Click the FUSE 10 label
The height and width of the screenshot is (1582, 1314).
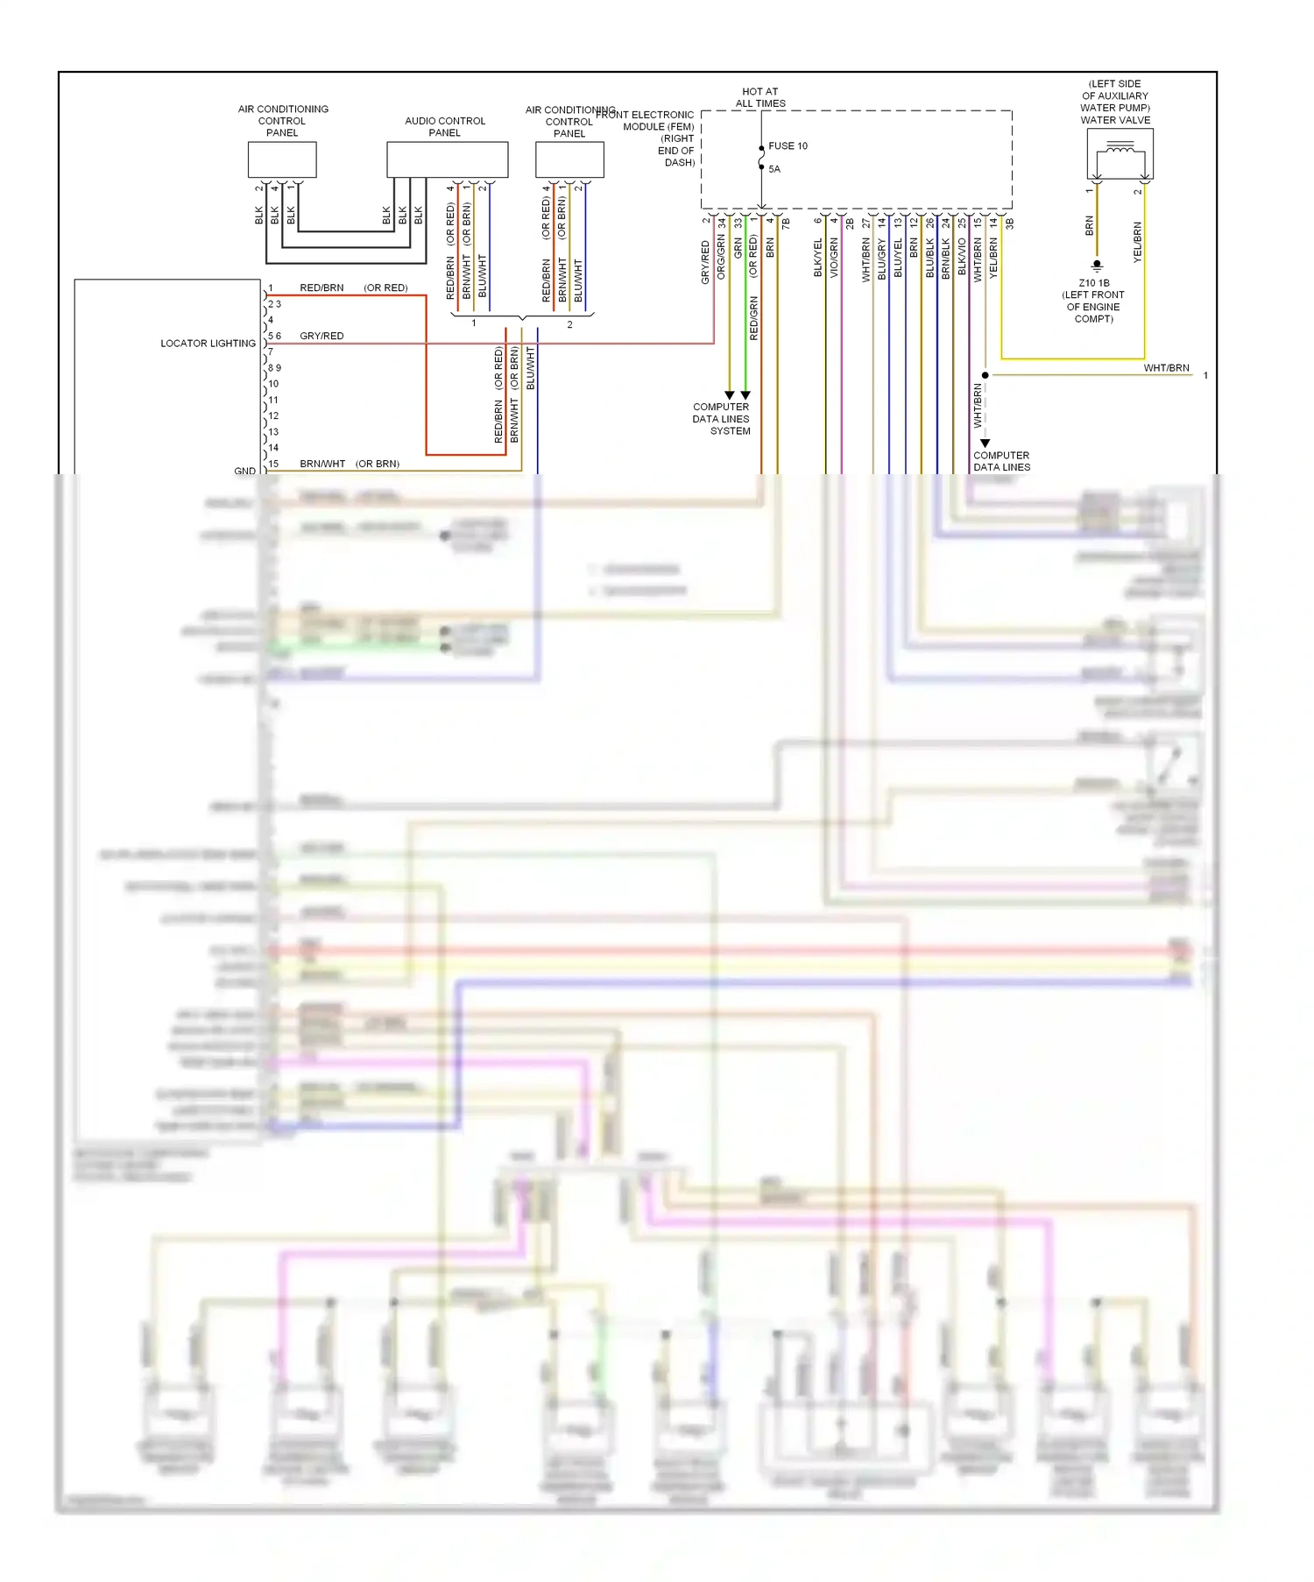[x=788, y=146]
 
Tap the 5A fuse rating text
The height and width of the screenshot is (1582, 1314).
[x=774, y=169]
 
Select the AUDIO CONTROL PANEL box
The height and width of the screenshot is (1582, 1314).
[x=447, y=160]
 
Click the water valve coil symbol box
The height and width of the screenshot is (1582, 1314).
[x=1120, y=153]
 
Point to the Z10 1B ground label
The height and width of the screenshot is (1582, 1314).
[x=1094, y=283]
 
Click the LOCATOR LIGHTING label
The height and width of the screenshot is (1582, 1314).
[x=208, y=344]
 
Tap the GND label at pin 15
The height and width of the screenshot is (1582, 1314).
[x=244, y=471]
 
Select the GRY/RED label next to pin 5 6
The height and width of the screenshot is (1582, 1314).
[x=321, y=336]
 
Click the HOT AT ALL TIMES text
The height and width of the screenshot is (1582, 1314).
[x=759, y=97]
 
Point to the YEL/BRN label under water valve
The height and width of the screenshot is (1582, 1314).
[x=1137, y=242]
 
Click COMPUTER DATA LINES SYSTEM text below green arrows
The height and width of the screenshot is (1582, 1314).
[x=721, y=419]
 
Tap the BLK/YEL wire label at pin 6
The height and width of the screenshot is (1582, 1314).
[x=818, y=258]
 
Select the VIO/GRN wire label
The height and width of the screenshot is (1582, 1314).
[x=834, y=258]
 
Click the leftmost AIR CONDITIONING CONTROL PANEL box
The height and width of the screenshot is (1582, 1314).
[x=282, y=160]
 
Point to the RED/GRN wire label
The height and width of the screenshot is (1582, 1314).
[x=753, y=318]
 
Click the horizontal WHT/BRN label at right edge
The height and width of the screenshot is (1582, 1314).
[x=1166, y=368]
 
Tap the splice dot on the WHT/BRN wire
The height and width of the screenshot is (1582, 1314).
[x=985, y=375]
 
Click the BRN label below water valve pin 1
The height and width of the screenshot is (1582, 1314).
[x=1089, y=226]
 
